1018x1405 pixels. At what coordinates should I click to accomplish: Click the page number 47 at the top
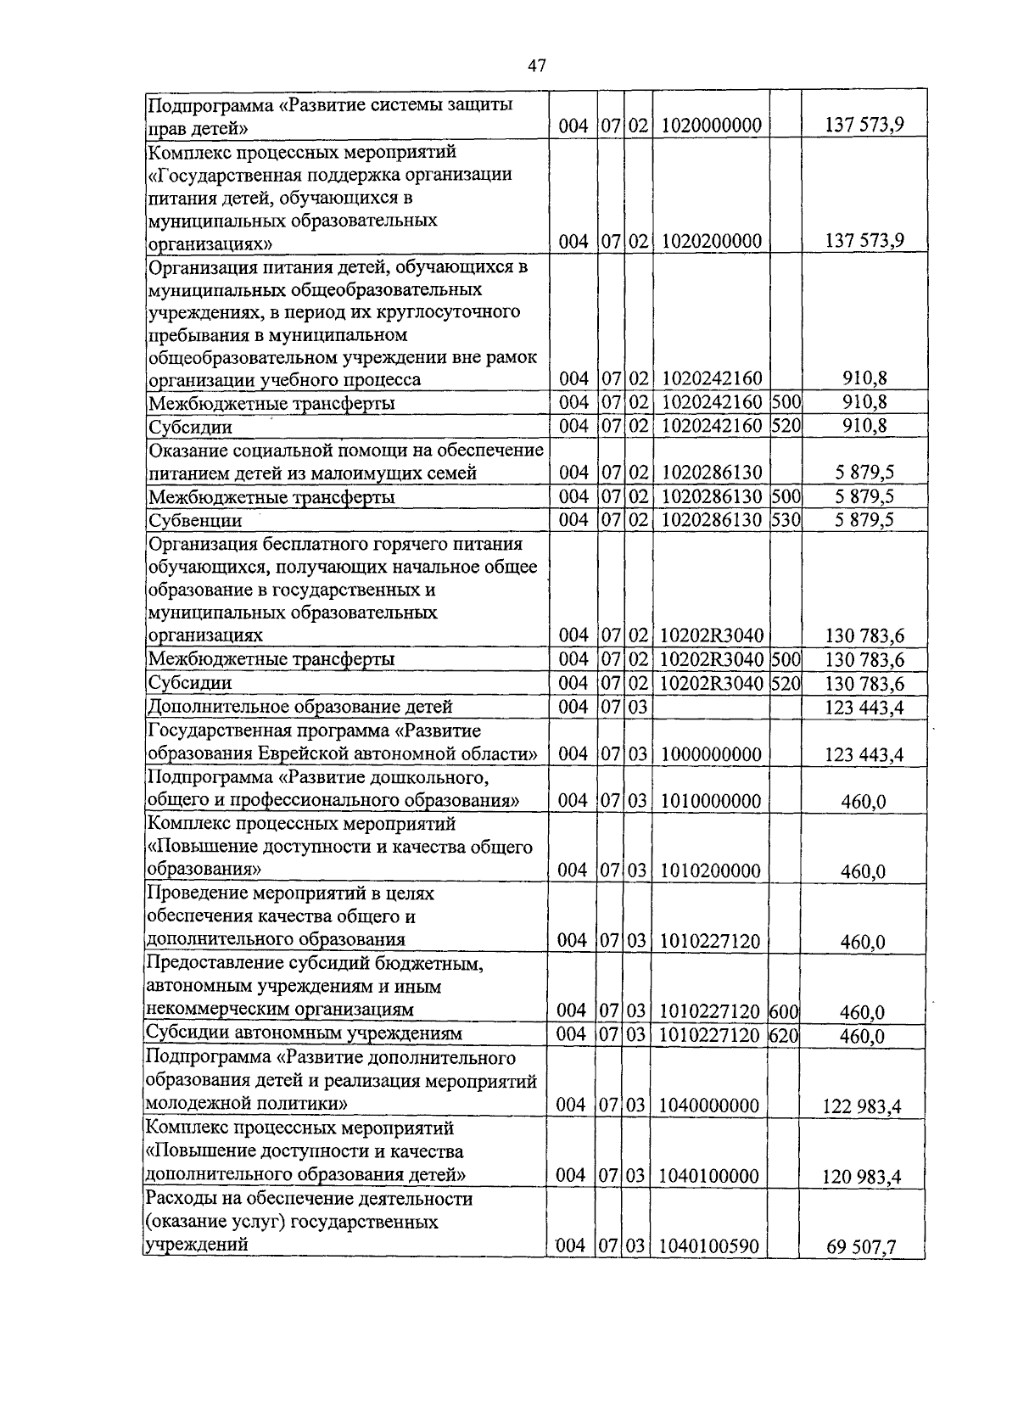[536, 65]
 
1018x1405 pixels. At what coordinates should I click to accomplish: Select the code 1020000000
[711, 126]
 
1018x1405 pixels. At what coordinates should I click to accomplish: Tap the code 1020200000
[711, 241]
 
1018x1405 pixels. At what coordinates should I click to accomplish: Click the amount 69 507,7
[861, 1247]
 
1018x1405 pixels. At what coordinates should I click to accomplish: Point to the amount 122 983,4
[861, 1106]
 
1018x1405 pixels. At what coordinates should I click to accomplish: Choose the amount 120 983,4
[861, 1177]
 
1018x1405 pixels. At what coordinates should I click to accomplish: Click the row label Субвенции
[195, 520]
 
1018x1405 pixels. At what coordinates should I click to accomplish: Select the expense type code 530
[786, 519]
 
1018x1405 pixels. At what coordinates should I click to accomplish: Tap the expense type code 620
[785, 1035]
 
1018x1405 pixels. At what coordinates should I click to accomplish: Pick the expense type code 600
[785, 1011]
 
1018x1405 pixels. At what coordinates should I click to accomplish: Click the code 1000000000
[711, 754]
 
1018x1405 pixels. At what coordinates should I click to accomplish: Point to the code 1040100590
[709, 1245]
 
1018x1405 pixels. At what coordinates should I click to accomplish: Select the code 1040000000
[709, 1105]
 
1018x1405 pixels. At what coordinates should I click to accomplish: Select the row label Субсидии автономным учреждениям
[305, 1033]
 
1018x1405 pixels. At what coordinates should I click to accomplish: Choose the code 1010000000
[711, 800]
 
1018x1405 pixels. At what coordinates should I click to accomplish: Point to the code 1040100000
[709, 1175]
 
